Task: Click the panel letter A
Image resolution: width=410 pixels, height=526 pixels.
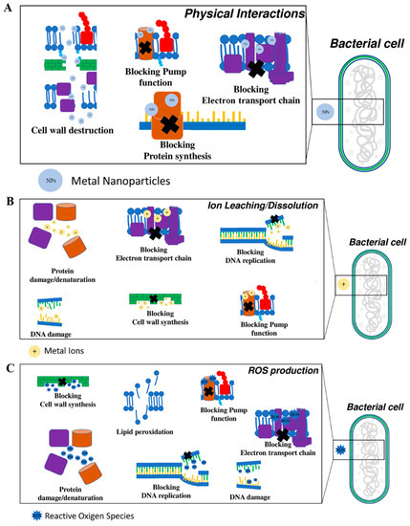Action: [8, 9]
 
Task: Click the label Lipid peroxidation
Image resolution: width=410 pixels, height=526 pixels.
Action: [142, 431]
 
